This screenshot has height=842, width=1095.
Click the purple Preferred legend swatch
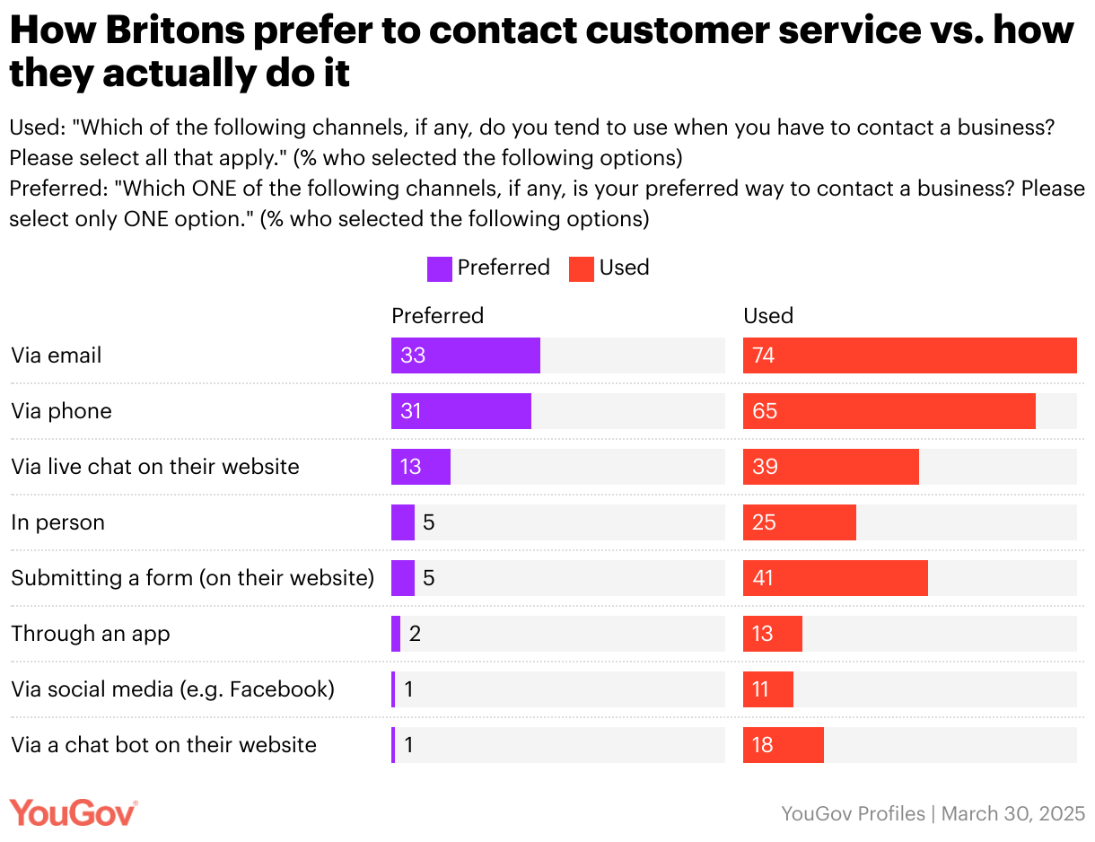coord(440,268)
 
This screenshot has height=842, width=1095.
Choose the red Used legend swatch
coord(582,268)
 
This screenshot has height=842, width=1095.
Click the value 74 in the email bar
coord(764,355)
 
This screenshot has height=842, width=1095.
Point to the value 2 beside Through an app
coord(415,634)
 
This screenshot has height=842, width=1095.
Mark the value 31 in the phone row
coord(412,411)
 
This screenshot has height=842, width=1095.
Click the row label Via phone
coord(62,411)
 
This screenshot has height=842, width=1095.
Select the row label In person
coord(58,522)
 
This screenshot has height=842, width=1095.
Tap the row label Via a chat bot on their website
coord(164,745)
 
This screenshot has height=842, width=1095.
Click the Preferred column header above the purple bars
coord(437,316)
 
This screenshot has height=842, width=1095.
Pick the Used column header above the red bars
coord(768,316)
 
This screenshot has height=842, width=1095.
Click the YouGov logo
coord(74,812)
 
